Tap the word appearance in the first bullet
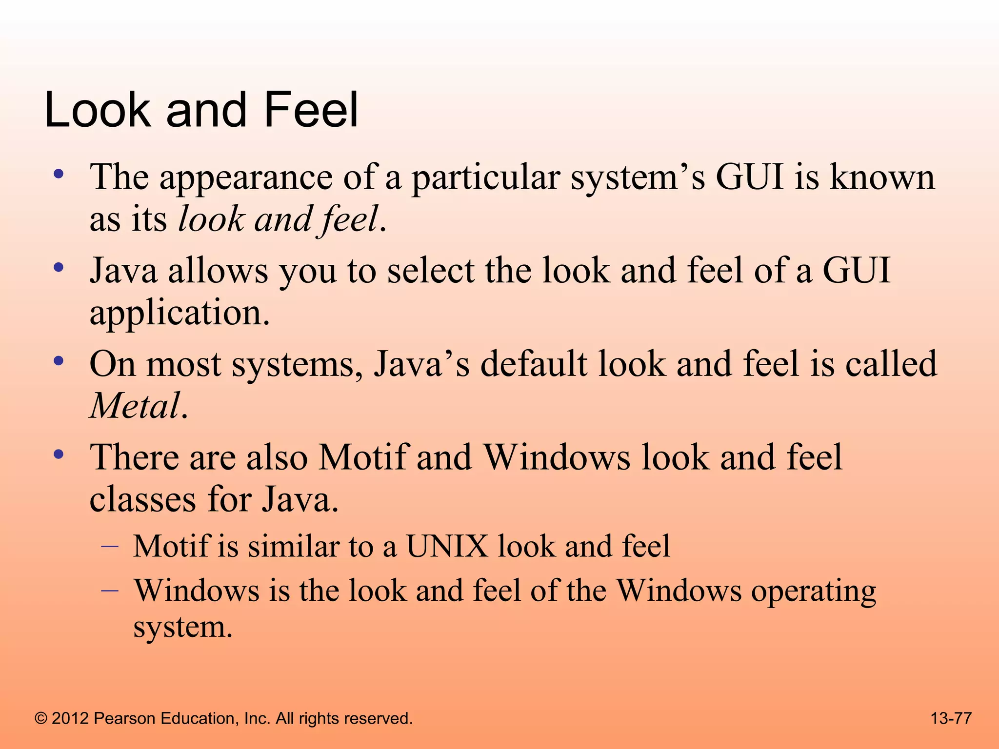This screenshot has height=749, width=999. tap(246, 177)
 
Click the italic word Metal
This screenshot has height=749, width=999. tap(135, 406)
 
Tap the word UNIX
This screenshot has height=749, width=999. tap(447, 546)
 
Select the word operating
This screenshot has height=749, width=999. tap(814, 592)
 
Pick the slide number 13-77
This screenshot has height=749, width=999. tap(951, 718)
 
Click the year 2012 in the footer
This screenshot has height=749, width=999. tap(70, 718)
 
